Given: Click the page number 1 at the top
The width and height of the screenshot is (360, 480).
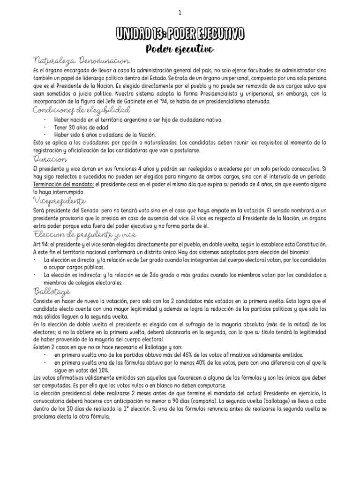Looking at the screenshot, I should click(x=180, y=13).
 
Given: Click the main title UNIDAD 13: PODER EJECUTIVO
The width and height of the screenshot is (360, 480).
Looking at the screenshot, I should click(x=180, y=34).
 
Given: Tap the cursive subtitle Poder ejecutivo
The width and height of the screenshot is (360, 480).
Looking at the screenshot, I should click(x=180, y=49).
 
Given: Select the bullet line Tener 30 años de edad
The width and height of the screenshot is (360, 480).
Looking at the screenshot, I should click(x=82, y=127).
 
